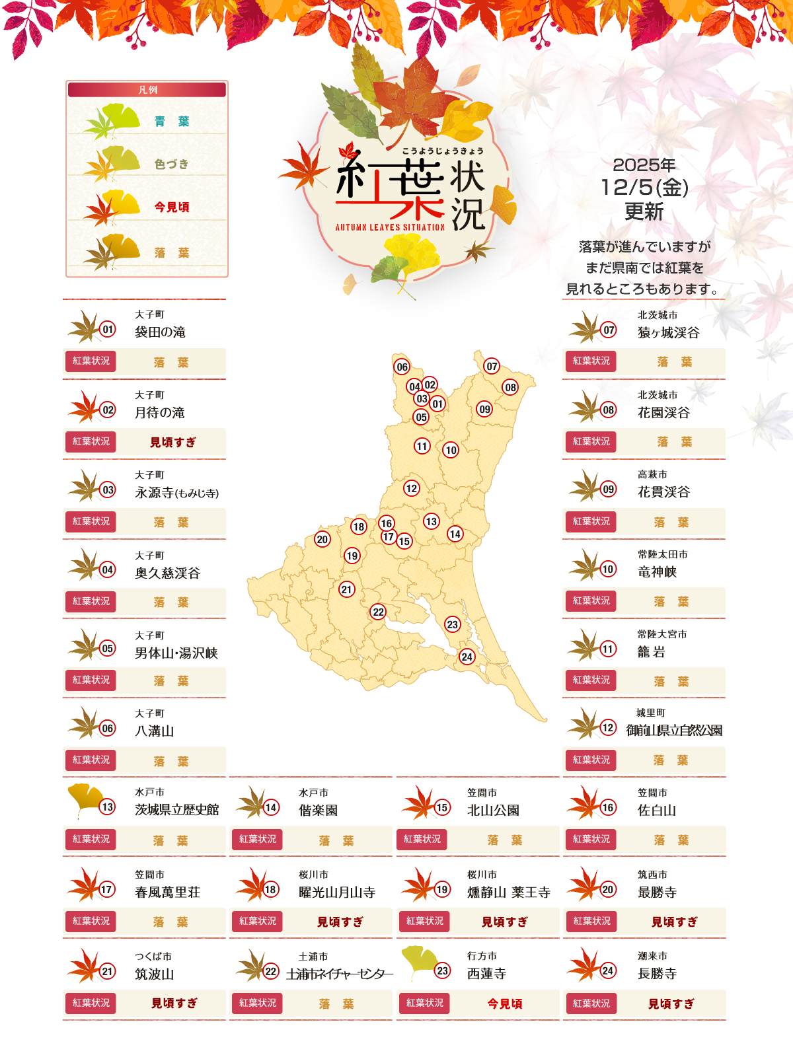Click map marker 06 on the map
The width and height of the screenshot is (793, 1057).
pos(402,367)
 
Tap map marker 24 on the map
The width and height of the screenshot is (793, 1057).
pos(467,656)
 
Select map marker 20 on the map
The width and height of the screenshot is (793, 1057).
pos(322,539)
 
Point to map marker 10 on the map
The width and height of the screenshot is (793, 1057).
pos(451,450)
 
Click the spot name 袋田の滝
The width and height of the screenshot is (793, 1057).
pos(160,332)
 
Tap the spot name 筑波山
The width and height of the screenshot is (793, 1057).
pos(154,974)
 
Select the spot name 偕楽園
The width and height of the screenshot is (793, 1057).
pos(318,810)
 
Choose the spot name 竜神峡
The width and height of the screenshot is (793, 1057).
pos(657,571)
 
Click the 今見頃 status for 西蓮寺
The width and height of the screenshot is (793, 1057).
pos(505,1003)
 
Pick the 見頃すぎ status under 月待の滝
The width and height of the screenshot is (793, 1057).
pos(173,442)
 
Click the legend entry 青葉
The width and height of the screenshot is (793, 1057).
pos(172,122)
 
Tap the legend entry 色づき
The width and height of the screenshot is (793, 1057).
pos(172,164)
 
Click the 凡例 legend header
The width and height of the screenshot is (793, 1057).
pos(147,90)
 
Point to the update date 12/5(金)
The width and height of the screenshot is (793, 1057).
pos(644,188)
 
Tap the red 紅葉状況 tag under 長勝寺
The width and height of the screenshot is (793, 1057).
pos(591,1003)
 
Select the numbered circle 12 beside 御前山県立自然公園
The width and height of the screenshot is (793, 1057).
pos(608,728)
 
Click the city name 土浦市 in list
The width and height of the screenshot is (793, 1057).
pos(313,956)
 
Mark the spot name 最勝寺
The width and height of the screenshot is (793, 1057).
pos(657,892)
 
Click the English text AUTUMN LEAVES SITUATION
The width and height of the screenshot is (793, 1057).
pos(390,227)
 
